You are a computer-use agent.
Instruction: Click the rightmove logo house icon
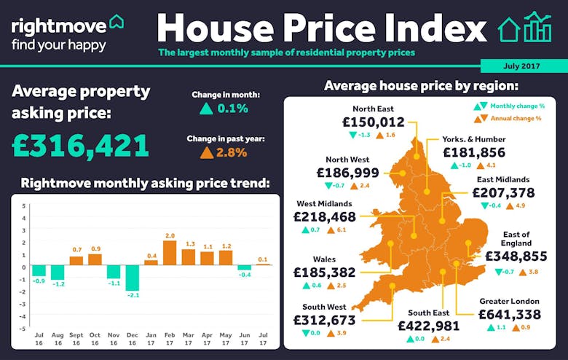tap(116, 23)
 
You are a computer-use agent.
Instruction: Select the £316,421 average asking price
tap(81, 146)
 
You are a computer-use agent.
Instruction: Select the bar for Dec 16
tap(132, 278)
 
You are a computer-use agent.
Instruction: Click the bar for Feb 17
tap(170, 252)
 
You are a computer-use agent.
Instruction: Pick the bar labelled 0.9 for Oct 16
tap(95, 259)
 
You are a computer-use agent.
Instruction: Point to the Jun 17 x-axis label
tap(245, 339)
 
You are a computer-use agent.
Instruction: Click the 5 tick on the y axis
tap(23, 206)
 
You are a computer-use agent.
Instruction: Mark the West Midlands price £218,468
tap(325, 217)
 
